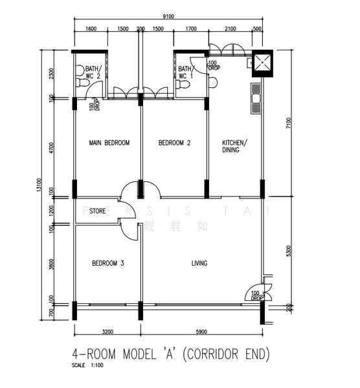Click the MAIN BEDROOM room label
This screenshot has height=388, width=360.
pyautogui.click(x=109, y=143)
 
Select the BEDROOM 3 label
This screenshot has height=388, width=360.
pyautogui.click(x=108, y=263)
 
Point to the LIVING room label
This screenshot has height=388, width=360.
pyautogui.click(x=199, y=263)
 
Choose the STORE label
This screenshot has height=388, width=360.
pyautogui.click(x=98, y=210)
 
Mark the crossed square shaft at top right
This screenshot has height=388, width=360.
pyautogui.click(x=263, y=63)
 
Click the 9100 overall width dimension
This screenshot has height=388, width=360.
pyautogui.click(x=168, y=17)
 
